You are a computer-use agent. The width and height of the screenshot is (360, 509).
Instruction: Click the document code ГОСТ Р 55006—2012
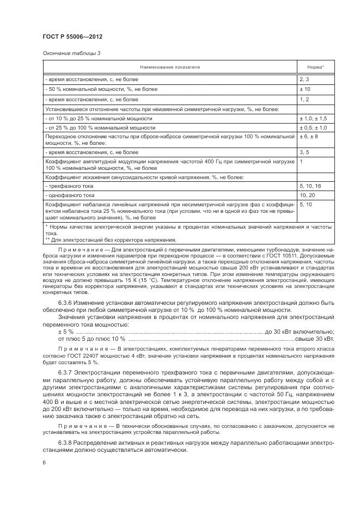(x=72, y=36)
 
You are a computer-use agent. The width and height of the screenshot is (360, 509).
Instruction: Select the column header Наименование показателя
(x=170, y=67)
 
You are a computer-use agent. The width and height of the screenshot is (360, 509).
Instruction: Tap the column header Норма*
(x=315, y=67)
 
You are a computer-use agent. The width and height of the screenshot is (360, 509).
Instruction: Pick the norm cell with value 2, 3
(x=304, y=79)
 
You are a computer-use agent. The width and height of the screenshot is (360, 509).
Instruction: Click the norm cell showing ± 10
(x=304, y=89)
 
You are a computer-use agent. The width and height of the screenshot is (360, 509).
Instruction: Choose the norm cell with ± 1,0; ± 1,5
(x=313, y=118)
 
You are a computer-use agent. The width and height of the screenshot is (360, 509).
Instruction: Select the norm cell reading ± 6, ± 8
(x=308, y=136)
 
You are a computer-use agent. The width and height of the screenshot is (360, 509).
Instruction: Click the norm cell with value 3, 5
(x=304, y=152)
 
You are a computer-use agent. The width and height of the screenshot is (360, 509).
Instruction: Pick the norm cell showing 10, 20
(x=306, y=194)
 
